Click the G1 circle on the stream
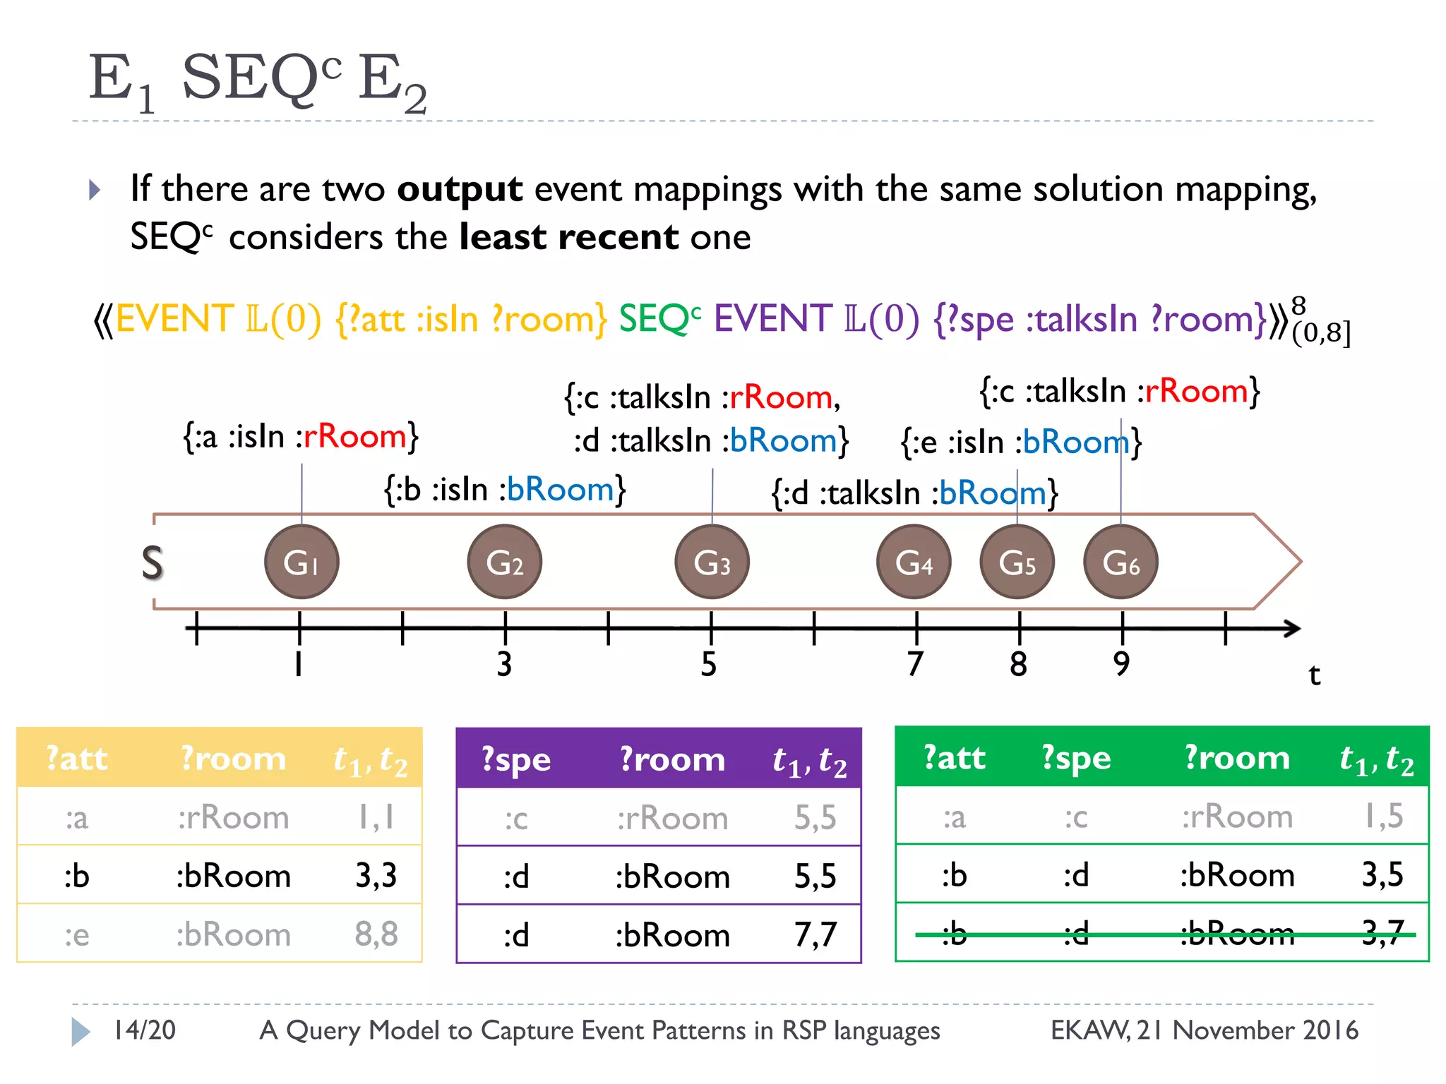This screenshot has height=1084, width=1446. pyautogui.click(x=301, y=562)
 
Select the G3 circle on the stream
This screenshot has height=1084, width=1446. pyautogui.click(x=712, y=562)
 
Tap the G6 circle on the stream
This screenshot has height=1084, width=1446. pyautogui.click(x=1121, y=562)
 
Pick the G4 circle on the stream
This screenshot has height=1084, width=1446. pyautogui.click(x=914, y=562)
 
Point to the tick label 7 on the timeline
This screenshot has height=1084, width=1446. pyautogui.click(x=915, y=664)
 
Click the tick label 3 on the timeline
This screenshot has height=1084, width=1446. pyautogui.click(x=504, y=664)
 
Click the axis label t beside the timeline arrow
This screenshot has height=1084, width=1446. pyautogui.click(x=1314, y=675)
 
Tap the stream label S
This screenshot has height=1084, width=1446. pyautogui.click(x=153, y=563)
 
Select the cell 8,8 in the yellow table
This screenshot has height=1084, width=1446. pyautogui.click(x=376, y=934)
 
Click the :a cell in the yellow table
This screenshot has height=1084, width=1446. pyautogui.click(x=77, y=818)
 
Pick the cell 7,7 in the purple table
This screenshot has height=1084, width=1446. pyautogui.click(x=815, y=935)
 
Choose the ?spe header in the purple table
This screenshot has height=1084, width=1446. pyautogui.click(x=516, y=759)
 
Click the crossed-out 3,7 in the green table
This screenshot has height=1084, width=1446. pyautogui.click(x=1382, y=934)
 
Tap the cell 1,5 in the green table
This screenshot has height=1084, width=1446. pyautogui.click(x=1382, y=817)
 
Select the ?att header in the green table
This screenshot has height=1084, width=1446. pyautogui.click(x=955, y=758)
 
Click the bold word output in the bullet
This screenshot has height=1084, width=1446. pyautogui.click(x=460, y=189)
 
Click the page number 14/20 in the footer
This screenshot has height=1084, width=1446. pyautogui.click(x=145, y=1030)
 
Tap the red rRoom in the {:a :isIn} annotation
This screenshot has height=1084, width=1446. pyautogui.click(x=355, y=437)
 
